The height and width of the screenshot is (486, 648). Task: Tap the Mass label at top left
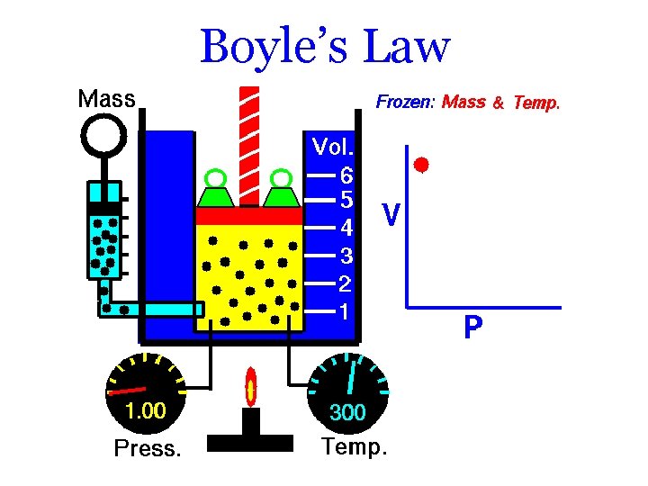pos(106,98)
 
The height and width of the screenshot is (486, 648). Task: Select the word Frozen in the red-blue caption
pos(405,102)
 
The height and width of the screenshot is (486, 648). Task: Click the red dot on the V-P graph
pos(420,165)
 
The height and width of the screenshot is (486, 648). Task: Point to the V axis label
pos(391,214)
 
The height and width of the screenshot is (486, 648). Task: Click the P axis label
pos(472,328)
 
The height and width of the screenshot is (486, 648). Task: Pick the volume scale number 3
pos(346,256)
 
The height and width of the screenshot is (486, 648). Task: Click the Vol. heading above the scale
pos(333,146)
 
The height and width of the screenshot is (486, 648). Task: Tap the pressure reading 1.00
pos(145,412)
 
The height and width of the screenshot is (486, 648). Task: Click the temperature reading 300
pos(347,413)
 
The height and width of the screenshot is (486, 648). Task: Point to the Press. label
pos(147,447)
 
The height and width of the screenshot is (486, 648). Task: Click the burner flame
pos(250,389)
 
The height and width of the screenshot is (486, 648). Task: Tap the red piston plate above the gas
pos(249,217)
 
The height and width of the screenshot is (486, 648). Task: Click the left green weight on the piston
pos(215,190)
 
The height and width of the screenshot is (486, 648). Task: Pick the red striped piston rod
pos(249,144)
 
